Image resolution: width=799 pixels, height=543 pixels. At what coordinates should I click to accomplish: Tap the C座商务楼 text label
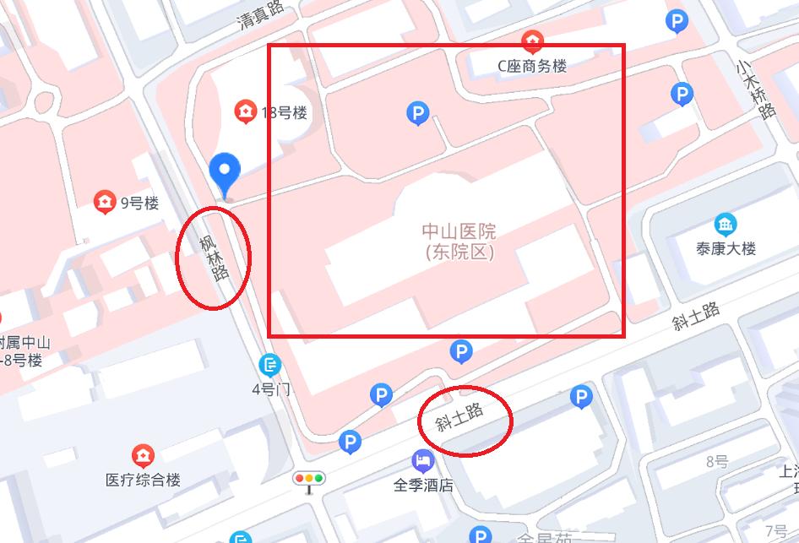point(531,66)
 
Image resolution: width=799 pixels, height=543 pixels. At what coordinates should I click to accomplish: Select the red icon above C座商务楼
point(532,40)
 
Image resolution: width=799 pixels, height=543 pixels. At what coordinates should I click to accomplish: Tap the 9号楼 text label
point(139,203)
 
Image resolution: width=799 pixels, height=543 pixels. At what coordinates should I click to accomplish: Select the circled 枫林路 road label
point(214,256)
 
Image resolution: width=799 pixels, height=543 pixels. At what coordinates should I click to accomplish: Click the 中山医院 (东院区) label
point(459,241)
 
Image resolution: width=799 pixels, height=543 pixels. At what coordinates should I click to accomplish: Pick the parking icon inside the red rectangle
point(417,112)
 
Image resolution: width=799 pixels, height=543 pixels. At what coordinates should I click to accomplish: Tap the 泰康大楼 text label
point(726,248)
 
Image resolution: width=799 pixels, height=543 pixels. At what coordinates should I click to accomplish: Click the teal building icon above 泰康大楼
point(725,224)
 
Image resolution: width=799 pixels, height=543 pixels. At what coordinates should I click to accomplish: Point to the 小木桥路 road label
point(754,89)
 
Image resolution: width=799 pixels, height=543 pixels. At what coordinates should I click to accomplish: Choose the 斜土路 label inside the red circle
point(460,417)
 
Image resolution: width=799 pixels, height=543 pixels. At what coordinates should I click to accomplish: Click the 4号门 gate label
point(270,389)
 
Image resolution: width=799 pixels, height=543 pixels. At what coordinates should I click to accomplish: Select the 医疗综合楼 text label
point(143,480)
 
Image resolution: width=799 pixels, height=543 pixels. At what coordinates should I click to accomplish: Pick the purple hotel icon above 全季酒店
point(422,461)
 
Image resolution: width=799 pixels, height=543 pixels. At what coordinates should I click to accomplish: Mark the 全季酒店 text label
point(423,486)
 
